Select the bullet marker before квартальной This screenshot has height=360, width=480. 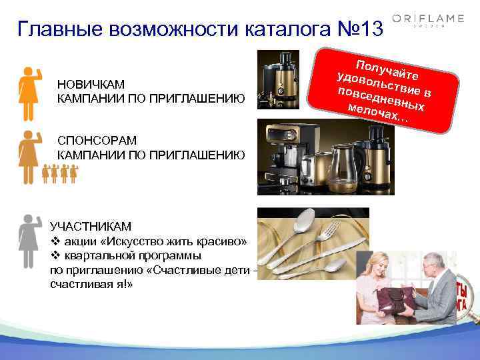[x=55, y=255]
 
